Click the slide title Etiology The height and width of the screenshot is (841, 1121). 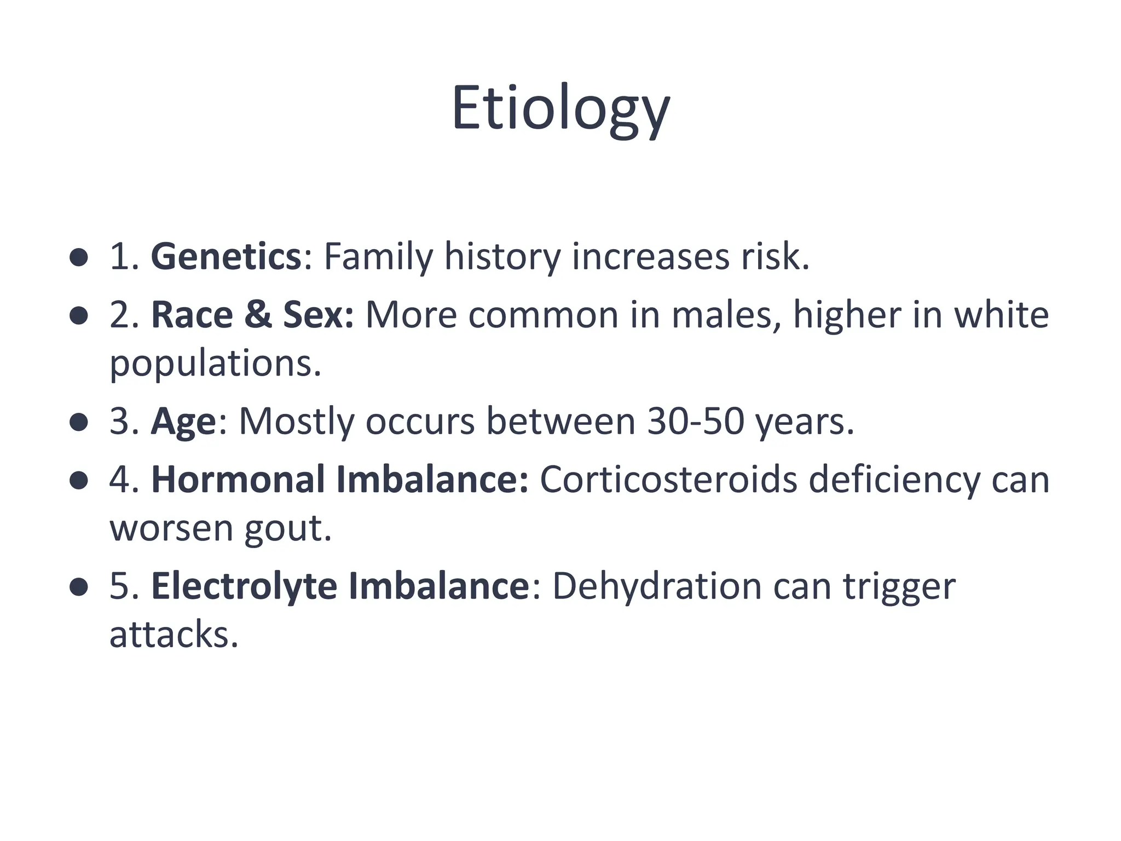point(560,108)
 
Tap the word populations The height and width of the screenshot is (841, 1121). point(215,364)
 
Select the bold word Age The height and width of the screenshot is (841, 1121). point(183,422)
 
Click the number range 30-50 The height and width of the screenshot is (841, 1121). point(695,422)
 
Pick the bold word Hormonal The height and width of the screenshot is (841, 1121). point(238,480)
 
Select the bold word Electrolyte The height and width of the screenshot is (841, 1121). point(244,586)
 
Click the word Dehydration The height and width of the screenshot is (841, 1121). point(657,586)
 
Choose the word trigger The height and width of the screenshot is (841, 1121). point(899,586)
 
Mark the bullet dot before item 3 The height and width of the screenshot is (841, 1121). point(79,423)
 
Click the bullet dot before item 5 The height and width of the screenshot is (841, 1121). point(79,587)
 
